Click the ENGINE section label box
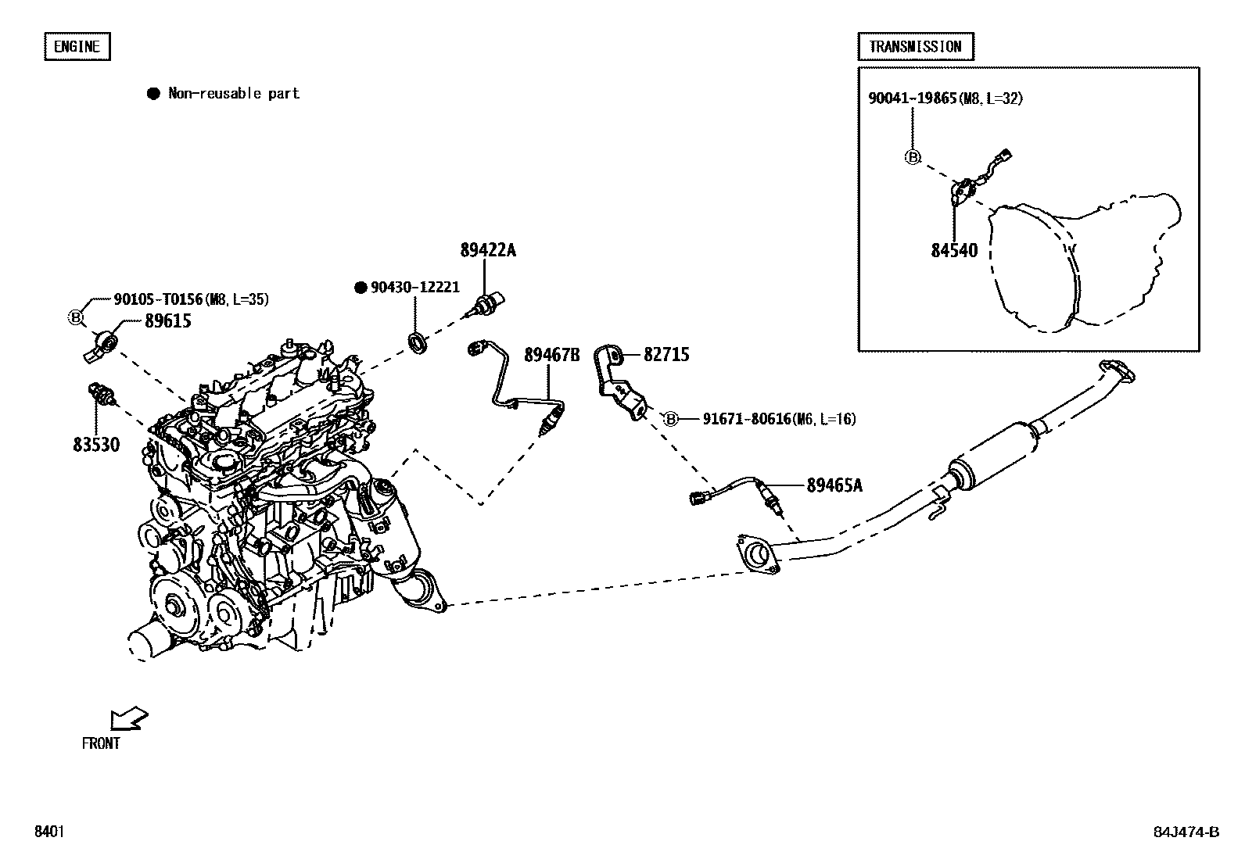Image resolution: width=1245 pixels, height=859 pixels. (x=76, y=47)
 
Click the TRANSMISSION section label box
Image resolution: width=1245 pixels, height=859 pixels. (x=915, y=47)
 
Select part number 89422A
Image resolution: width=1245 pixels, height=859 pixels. (x=488, y=251)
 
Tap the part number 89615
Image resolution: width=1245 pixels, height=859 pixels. (x=167, y=321)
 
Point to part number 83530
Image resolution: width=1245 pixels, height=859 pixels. (x=96, y=445)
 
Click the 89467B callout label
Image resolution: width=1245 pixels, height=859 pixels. (x=551, y=356)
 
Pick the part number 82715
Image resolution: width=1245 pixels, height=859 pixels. (x=666, y=356)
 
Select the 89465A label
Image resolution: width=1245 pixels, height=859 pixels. (x=834, y=486)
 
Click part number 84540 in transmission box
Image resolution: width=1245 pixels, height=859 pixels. (x=954, y=251)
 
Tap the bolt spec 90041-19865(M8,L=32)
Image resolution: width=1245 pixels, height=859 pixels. (x=945, y=98)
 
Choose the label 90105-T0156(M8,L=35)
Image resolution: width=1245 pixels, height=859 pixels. (x=192, y=299)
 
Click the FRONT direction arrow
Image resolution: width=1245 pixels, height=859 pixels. (x=129, y=718)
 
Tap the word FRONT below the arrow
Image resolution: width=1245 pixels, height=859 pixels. (x=101, y=743)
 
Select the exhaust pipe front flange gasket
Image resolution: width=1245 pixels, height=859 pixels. (x=757, y=554)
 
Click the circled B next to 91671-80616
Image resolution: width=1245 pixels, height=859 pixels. (x=670, y=420)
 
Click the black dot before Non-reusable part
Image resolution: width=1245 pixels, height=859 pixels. (x=153, y=94)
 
